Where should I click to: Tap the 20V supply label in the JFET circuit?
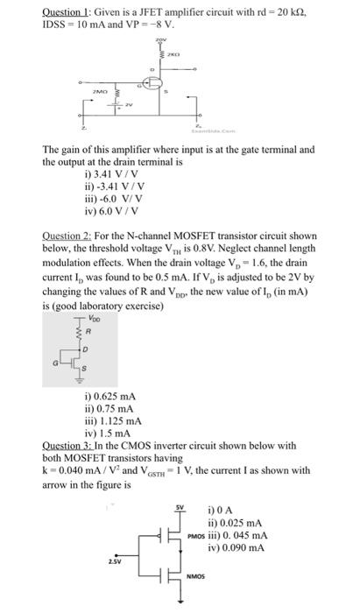159,41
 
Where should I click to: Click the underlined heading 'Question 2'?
72,236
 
